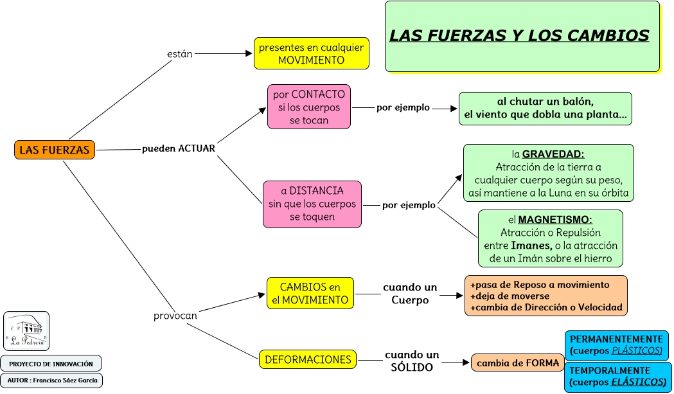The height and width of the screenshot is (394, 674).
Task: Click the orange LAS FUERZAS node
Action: tap(55, 150)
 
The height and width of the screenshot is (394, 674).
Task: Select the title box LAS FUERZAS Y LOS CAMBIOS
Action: tap(522, 36)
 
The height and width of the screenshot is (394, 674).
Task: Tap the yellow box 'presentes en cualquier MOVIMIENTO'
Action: tap(311, 53)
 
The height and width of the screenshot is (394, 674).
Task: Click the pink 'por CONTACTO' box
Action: tap(309, 107)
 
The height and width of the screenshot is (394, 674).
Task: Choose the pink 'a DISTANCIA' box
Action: tap(312, 204)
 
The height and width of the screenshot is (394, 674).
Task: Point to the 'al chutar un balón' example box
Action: tap(545, 109)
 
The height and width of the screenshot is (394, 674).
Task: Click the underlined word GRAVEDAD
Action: tap(553, 154)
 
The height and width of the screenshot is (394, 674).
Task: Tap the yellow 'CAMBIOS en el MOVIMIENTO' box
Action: tap(310, 294)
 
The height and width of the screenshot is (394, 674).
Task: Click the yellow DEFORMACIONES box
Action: tap(308, 359)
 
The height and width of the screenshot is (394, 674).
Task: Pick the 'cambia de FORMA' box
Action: tap(518, 363)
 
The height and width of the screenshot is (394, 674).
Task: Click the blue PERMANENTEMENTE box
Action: tap(616, 345)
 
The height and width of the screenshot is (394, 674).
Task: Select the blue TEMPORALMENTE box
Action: tap(617, 377)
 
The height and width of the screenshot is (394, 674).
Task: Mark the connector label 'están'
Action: tap(180, 54)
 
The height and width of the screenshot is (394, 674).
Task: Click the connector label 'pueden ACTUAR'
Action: tap(179, 148)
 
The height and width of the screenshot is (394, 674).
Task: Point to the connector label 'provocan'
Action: tap(175, 316)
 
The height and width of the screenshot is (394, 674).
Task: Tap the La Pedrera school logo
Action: tap(26, 331)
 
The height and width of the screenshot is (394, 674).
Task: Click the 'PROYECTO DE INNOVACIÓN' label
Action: tap(51, 364)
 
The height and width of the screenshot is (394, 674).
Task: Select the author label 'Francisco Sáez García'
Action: tap(51, 380)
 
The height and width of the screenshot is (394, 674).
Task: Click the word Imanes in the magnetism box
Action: tap(531, 246)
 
